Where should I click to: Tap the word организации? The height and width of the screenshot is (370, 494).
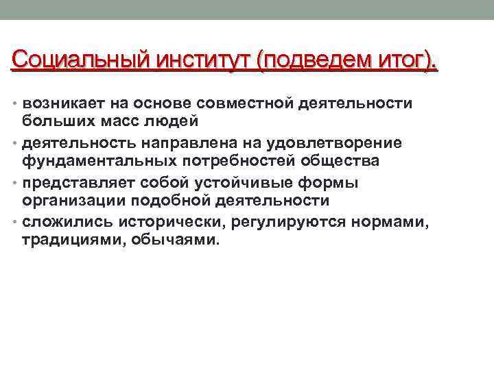(71, 201)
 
